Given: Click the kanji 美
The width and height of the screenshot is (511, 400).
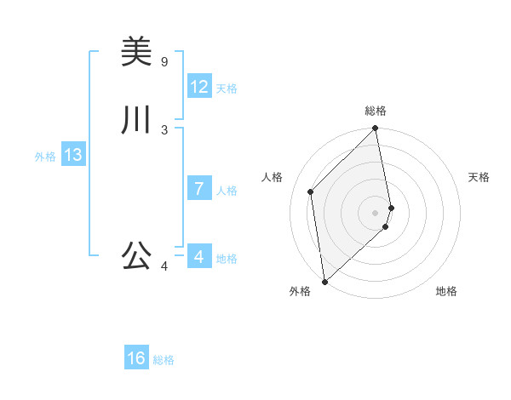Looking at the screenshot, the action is pyautogui.click(x=136, y=52).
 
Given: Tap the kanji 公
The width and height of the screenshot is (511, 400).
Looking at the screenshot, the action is pyautogui.click(x=136, y=255).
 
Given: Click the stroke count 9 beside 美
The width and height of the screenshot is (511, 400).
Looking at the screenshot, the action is pyautogui.click(x=164, y=61).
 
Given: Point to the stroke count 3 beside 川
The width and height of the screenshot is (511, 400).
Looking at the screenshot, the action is pyautogui.click(x=164, y=129).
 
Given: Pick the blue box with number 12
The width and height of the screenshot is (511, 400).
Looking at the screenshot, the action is pyautogui.click(x=199, y=87).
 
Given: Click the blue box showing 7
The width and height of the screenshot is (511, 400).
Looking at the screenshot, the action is pyautogui.click(x=199, y=189).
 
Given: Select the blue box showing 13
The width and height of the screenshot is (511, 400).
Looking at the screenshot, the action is pyautogui.click(x=73, y=155).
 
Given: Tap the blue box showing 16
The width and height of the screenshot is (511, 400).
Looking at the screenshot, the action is pyautogui.click(x=136, y=358).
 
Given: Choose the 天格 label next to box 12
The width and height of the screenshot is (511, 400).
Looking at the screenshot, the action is pyautogui.click(x=227, y=89).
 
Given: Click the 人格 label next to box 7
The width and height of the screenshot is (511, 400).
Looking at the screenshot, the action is pyautogui.click(x=227, y=191).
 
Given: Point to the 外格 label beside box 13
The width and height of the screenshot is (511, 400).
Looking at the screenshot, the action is pyautogui.click(x=45, y=157).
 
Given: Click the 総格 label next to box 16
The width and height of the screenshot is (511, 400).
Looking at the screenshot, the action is pyautogui.click(x=164, y=360).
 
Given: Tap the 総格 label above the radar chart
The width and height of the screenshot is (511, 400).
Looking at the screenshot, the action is pyautogui.click(x=376, y=111).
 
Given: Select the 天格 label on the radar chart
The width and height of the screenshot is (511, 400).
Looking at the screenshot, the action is pyautogui.click(x=479, y=177).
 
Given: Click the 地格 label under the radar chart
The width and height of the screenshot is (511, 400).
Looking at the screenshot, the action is pyautogui.click(x=446, y=291).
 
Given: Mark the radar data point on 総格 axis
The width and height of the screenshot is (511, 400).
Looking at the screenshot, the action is pyautogui.click(x=376, y=129).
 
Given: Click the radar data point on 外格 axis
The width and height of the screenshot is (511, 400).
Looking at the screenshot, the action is pyautogui.click(x=324, y=281).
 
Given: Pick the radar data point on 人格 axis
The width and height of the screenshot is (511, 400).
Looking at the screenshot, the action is pyautogui.click(x=311, y=191).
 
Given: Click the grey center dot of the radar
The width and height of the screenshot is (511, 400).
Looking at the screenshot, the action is pyautogui.click(x=376, y=212).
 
